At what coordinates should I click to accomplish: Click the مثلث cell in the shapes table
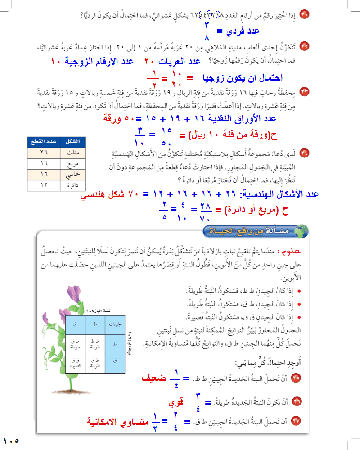click(x=68, y=152)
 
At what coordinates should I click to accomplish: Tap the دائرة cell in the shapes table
click(x=68, y=184)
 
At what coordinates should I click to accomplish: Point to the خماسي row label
click(x=68, y=174)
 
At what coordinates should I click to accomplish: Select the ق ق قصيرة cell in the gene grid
click(x=75, y=362)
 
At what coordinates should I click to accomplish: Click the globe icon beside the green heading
click(x=303, y=231)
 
